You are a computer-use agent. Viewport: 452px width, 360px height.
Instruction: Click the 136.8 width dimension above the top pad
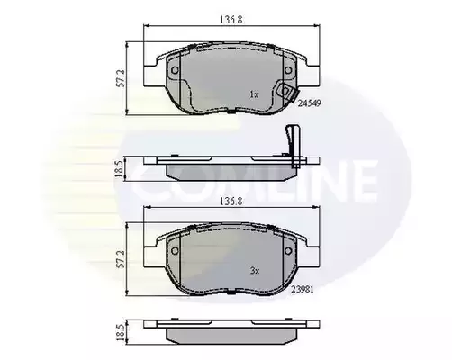pos(231,20)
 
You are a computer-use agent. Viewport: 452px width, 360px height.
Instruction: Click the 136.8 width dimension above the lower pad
pos(231,202)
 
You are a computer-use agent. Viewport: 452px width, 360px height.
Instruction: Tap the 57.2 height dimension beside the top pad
pos(121,79)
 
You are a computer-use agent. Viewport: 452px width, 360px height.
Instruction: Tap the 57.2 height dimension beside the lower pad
pos(121,259)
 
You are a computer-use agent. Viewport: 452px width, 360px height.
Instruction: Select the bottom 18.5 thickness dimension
pos(120,332)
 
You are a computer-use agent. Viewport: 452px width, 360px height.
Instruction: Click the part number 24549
pos(310,103)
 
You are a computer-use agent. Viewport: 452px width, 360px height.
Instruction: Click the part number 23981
pos(303,290)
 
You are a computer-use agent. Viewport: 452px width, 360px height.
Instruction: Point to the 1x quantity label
pos(254,94)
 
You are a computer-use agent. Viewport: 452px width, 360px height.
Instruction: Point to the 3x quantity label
pos(255,271)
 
